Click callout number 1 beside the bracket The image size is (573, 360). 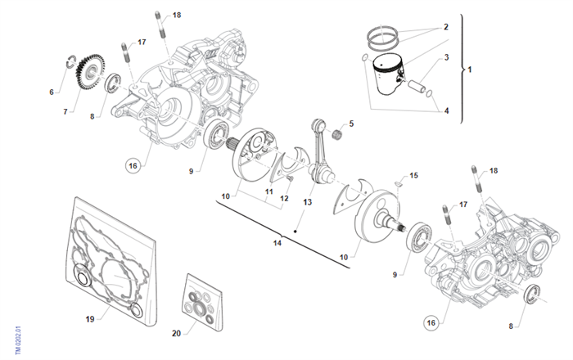(470, 70)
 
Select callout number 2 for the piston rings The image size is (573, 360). (446, 27)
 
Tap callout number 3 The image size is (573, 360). (446, 58)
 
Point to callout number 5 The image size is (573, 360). (351, 124)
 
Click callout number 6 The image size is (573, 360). (51, 92)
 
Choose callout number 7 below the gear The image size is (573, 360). (65, 111)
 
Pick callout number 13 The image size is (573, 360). (308, 201)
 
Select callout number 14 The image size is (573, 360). (277, 242)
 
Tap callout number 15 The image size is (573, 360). (413, 175)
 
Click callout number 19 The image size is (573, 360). (91, 318)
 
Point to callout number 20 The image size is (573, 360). (176, 334)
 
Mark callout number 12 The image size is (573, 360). (284, 198)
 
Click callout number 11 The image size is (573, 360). (268, 191)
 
